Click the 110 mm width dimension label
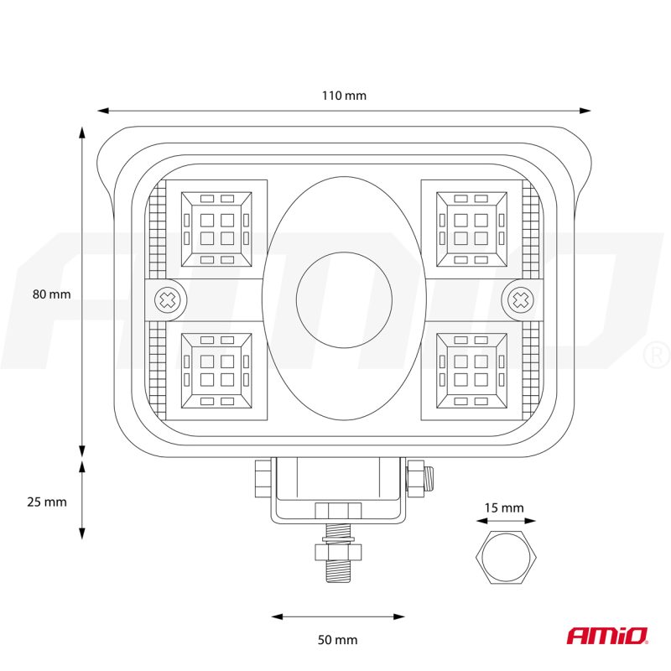344,96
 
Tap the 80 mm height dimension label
51,294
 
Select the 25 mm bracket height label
47,502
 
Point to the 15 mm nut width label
504,508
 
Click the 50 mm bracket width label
337,640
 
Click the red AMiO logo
607,636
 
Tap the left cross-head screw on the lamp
167,300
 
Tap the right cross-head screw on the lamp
520,300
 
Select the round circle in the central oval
344,300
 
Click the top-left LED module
216,229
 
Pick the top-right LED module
471,229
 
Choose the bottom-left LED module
216,371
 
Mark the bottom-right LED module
471,371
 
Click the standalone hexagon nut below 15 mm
506,557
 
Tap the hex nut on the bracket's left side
263,478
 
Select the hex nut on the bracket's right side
415,478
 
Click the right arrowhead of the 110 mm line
585,111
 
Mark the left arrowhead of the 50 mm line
278,616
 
